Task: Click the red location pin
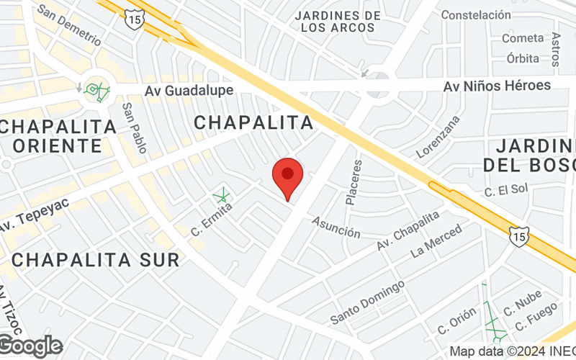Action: pyautogui.click(x=288, y=177)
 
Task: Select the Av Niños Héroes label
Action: pyautogui.click(x=497, y=86)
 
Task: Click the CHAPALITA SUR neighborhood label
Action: pyautogui.click(x=96, y=260)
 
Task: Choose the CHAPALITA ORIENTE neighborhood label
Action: pyautogui.click(x=58, y=135)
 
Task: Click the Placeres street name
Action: pyautogui.click(x=354, y=182)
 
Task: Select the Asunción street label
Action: pyautogui.click(x=336, y=228)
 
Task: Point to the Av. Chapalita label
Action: pyautogui.click(x=408, y=231)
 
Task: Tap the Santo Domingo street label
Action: pyautogui.click(x=367, y=302)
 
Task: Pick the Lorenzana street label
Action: pyautogui.click(x=438, y=137)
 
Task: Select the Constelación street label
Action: pyautogui.click(x=475, y=14)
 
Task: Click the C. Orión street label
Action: pyautogui.click(x=456, y=320)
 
